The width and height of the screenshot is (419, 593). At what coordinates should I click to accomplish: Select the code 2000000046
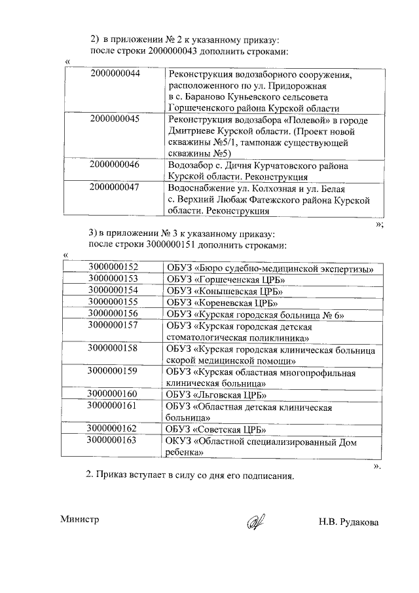[x=115, y=164]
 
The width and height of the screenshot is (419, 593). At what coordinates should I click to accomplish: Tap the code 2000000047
[x=115, y=187]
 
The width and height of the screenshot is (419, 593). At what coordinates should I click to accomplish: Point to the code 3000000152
[x=113, y=267]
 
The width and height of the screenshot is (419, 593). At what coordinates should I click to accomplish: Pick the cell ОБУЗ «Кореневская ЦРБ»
[x=223, y=302]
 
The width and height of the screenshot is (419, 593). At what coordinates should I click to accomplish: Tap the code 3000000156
[x=113, y=314]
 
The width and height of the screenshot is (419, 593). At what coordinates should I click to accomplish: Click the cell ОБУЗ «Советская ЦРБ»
[x=216, y=430]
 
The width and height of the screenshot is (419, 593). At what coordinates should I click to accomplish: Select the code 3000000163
[x=113, y=440]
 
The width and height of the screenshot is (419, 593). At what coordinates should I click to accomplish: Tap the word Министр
[x=79, y=519]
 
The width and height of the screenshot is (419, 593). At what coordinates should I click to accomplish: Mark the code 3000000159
[x=113, y=371]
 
